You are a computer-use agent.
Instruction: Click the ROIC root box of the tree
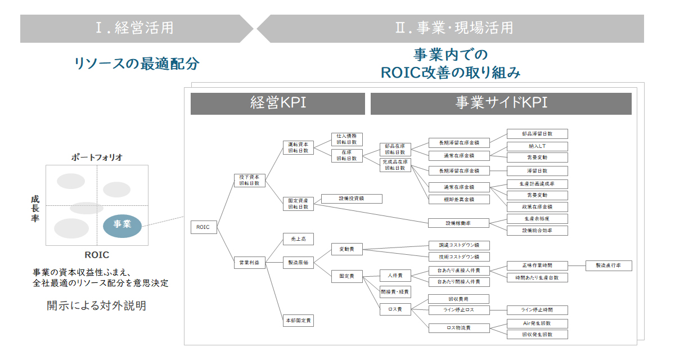coord(203,227)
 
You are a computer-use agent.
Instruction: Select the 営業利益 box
coord(249,262)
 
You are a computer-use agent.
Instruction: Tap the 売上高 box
coord(298,239)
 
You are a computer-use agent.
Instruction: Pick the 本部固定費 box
coord(298,321)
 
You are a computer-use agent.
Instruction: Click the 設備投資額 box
coord(352,199)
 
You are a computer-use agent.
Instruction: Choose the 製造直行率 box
coord(609,266)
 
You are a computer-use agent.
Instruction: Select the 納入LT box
coord(537,146)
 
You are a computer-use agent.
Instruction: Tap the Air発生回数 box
coord(537,323)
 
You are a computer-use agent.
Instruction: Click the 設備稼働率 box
coord(458,223)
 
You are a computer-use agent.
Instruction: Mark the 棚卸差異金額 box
coord(458,199)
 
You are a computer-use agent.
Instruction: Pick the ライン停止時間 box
coord(537,310)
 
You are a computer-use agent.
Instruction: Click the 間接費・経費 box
coord(395,292)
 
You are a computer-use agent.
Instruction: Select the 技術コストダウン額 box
coord(458,256)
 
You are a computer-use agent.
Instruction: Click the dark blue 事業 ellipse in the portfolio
coord(122,224)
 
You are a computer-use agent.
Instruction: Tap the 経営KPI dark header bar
coord(278,103)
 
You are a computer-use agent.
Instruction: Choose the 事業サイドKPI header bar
coord(501,103)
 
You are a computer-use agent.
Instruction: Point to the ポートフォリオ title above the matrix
coord(97,157)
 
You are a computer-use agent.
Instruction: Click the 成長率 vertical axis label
coord(35,209)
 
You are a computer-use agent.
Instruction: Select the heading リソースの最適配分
coord(137,63)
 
